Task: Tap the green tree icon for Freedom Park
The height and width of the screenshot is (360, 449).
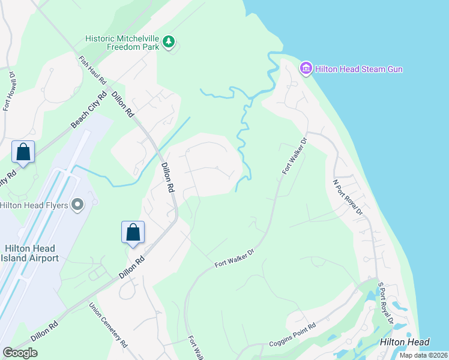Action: [x=170, y=41]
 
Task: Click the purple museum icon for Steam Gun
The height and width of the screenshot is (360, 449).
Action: [x=307, y=68]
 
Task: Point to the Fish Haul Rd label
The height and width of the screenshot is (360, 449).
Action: [x=92, y=71]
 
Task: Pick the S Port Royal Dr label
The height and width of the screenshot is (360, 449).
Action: [x=385, y=304]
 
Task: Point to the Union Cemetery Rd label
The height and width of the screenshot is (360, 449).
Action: [x=109, y=326]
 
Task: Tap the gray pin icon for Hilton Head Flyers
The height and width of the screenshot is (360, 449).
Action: [x=77, y=205]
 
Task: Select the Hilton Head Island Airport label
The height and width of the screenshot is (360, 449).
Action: [x=30, y=253]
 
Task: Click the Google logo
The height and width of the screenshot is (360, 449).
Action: [x=20, y=353]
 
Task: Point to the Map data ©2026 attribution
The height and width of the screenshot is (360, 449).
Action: [x=423, y=355]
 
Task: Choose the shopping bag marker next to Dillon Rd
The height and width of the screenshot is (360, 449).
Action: [x=133, y=232]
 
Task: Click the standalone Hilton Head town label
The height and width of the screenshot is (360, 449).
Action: [x=405, y=342]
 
